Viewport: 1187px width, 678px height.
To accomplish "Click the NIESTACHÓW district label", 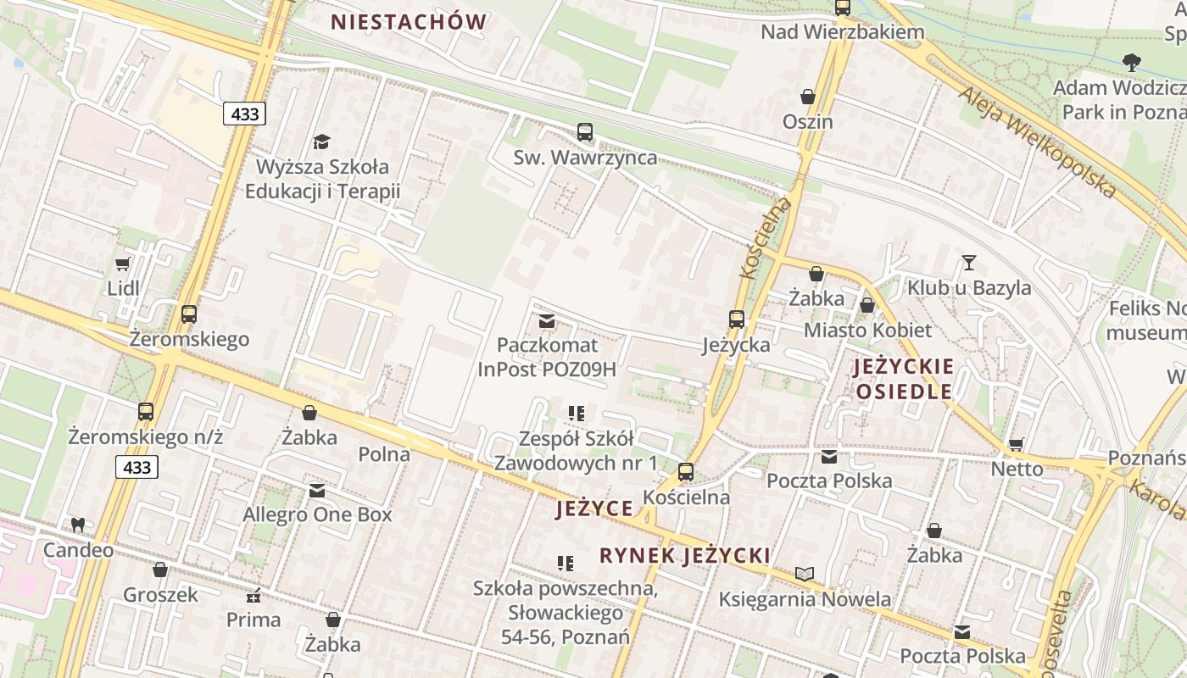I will click(x=409, y=22).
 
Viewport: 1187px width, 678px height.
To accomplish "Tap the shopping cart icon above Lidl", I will click(x=123, y=264).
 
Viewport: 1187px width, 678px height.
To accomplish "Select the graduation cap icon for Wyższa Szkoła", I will click(x=321, y=142).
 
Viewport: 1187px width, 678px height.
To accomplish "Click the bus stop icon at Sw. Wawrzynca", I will click(x=585, y=132).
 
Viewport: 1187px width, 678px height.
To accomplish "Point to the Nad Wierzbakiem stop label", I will click(x=842, y=32).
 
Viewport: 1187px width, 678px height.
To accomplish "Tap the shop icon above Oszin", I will click(x=808, y=97).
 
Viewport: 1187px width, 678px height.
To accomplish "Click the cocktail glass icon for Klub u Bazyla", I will click(x=969, y=263).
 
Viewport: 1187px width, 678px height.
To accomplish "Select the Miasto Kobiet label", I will click(x=867, y=330).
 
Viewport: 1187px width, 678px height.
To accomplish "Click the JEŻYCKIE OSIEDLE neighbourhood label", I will click(x=904, y=379).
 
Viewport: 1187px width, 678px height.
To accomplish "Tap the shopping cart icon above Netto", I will click(x=1017, y=444).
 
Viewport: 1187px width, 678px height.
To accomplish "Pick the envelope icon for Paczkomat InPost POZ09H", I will click(x=547, y=321).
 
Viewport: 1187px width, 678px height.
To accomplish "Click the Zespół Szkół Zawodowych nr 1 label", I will click(x=576, y=451).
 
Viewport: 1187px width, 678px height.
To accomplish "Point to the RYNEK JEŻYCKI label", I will click(x=685, y=555).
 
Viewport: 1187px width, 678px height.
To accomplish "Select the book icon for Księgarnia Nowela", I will click(x=805, y=575).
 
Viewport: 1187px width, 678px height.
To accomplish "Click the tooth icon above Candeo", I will click(x=78, y=525).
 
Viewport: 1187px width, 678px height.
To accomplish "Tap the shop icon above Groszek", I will click(x=160, y=570).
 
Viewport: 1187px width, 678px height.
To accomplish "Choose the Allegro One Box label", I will click(x=317, y=514).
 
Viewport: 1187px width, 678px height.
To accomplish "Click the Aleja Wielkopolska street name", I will click(x=1038, y=141).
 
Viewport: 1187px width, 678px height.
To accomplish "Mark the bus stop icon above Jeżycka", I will click(x=737, y=320).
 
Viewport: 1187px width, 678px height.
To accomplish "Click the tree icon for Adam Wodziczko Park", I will click(x=1131, y=62).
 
